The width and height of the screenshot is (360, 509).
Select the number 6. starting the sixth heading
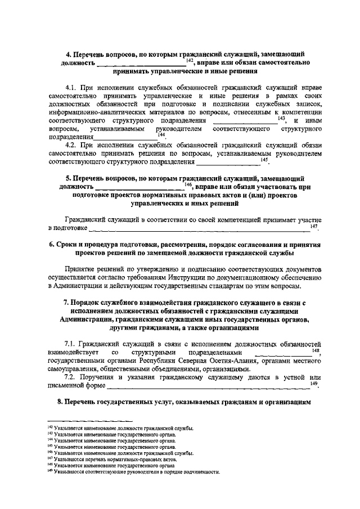coord(52,246)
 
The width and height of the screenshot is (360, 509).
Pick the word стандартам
coord(235,286)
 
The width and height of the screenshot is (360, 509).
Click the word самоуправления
coord(74,369)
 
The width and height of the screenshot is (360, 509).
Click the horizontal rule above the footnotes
coord(90,421)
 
